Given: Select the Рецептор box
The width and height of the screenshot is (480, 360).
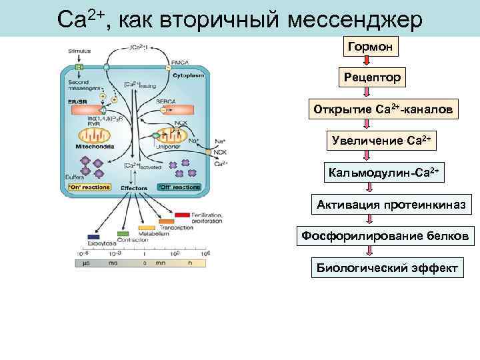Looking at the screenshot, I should coord(372,78).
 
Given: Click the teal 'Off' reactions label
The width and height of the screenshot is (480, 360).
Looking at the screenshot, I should coord(179,187).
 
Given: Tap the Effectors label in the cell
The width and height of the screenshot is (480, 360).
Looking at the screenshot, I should coord(134,188).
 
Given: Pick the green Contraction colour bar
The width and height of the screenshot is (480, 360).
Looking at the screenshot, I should coord(123,234).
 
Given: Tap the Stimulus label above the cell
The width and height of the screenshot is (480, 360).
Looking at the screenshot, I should coord(80,51).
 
